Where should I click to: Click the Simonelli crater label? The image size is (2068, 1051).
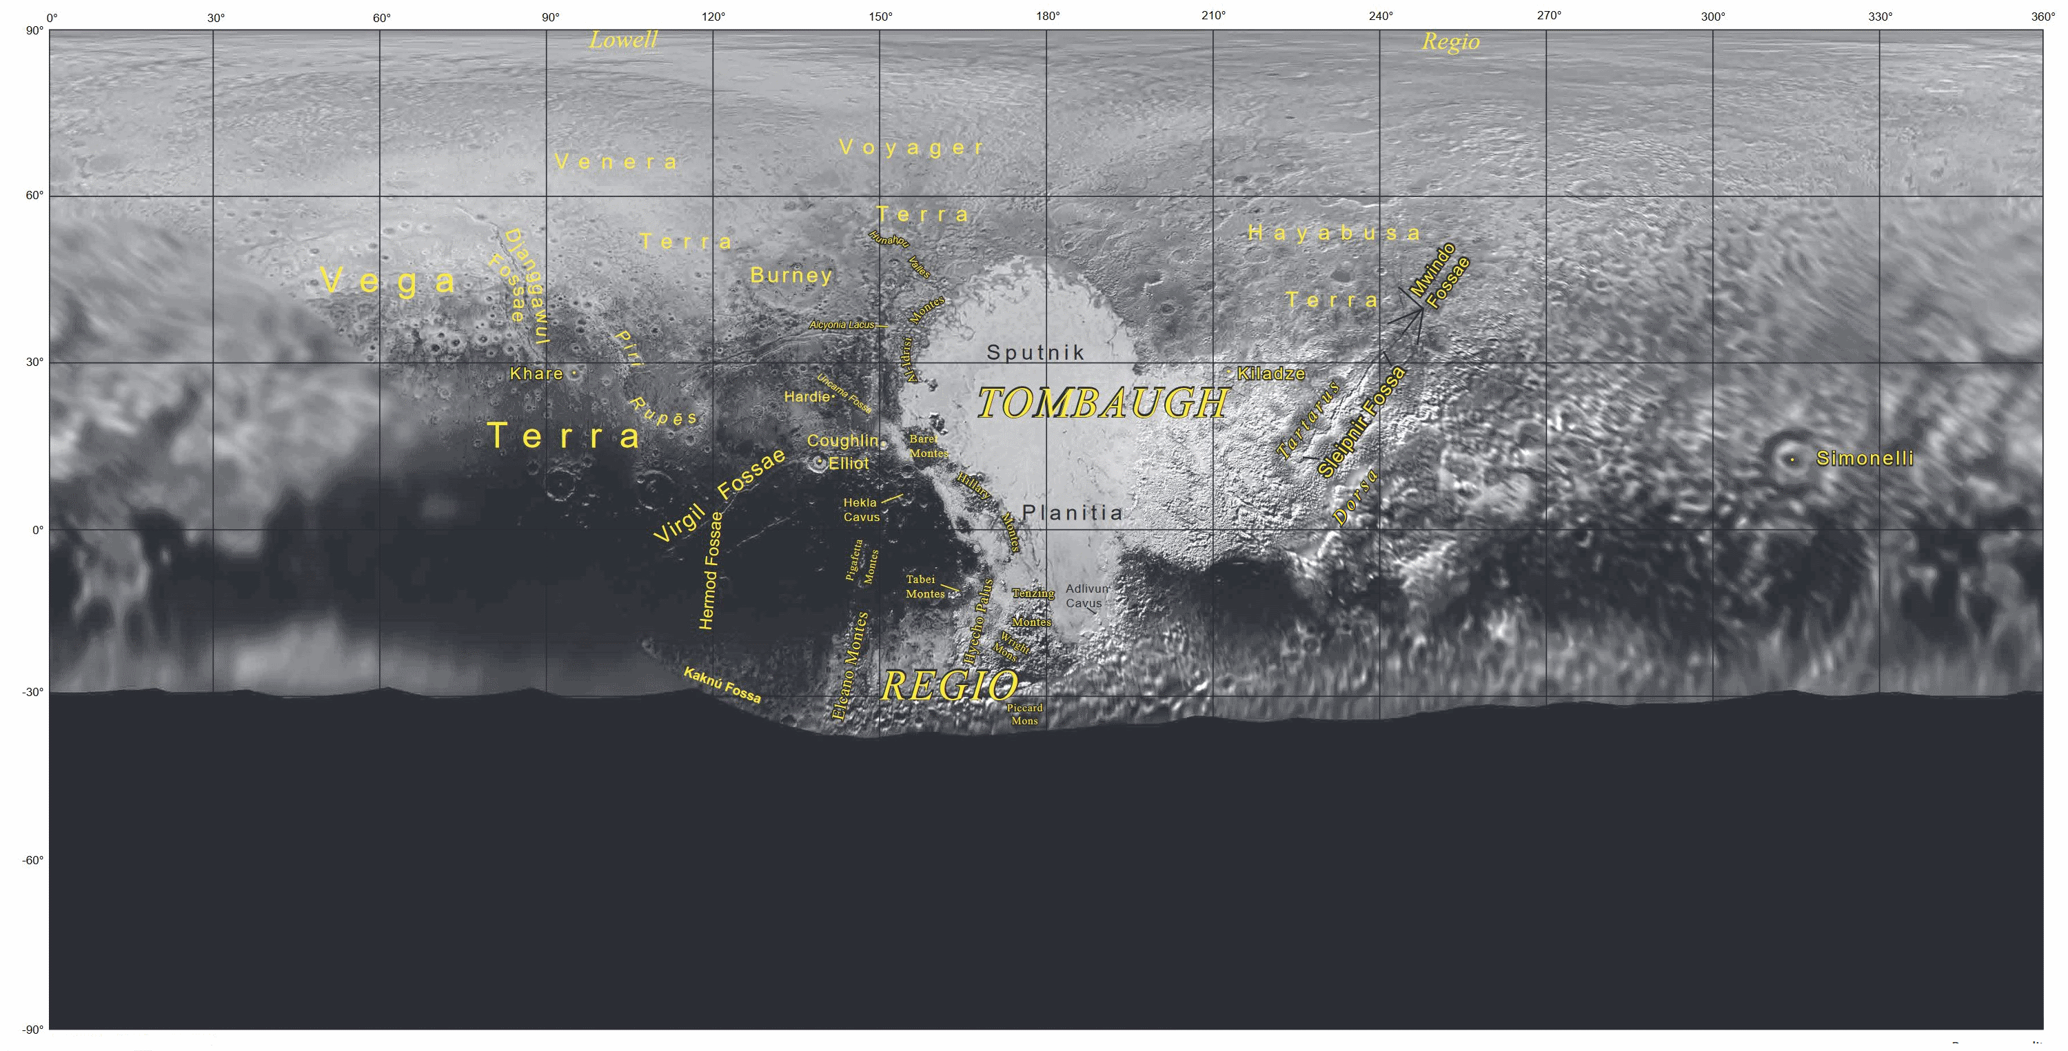1864,458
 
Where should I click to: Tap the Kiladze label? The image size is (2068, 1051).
1271,374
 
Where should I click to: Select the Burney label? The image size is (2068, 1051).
791,276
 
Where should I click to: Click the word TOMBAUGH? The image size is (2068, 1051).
1103,403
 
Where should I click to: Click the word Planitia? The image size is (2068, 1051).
1072,512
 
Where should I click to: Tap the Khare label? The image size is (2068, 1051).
536,374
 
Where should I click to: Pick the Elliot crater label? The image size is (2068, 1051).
849,463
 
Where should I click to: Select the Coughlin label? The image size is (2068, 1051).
842,441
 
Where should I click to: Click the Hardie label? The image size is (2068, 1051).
806,397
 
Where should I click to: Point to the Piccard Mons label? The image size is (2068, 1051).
1024,714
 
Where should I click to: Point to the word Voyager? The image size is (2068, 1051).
911,147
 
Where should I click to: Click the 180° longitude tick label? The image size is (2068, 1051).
1047,16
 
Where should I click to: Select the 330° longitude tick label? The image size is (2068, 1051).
1879,16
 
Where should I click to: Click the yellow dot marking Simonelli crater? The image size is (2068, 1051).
1792,459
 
